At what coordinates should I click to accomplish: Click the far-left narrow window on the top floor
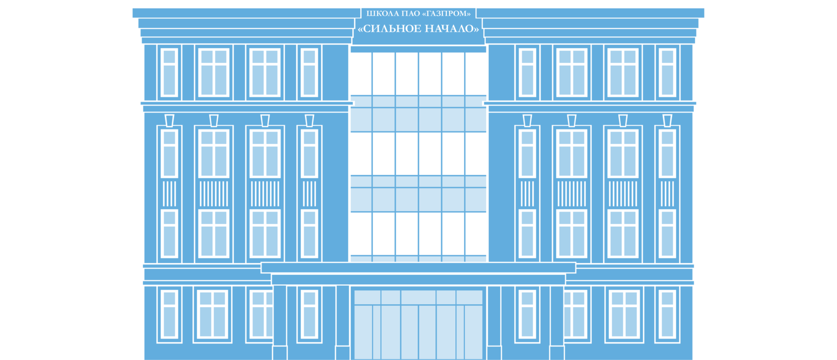(x=169, y=73)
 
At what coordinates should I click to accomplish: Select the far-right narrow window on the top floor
(x=668, y=73)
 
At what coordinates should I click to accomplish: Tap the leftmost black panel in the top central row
(x=360, y=73)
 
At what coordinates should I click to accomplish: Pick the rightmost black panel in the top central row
(x=476, y=73)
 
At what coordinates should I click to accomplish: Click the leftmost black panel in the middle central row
(x=360, y=153)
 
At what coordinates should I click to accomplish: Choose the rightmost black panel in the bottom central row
(x=476, y=234)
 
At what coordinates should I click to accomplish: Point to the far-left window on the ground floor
(x=169, y=314)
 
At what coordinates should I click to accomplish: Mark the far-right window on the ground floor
(x=668, y=314)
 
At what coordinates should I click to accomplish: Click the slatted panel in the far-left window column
(x=169, y=194)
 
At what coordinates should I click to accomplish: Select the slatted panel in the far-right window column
(x=668, y=194)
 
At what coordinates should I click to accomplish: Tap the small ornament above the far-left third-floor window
(x=169, y=120)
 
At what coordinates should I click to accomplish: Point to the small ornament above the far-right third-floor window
(x=668, y=120)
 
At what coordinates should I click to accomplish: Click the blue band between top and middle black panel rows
(x=418, y=114)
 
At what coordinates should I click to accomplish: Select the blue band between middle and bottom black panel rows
(x=418, y=194)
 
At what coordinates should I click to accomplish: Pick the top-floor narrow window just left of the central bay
(x=309, y=73)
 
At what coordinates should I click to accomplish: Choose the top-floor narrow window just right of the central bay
(x=528, y=73)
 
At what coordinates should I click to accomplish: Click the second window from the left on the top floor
(x=214, y=73)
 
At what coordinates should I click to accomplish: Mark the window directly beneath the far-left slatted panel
(x=169, y=233)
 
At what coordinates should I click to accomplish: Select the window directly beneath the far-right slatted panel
(x=668, y=233)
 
